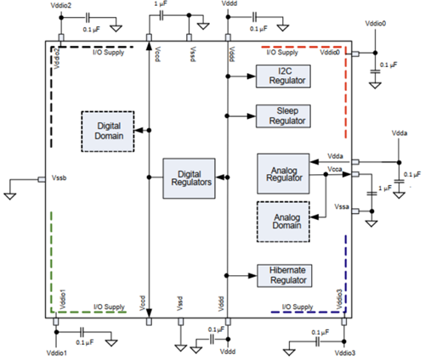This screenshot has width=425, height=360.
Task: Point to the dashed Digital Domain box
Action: click(x=107, y=131)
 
